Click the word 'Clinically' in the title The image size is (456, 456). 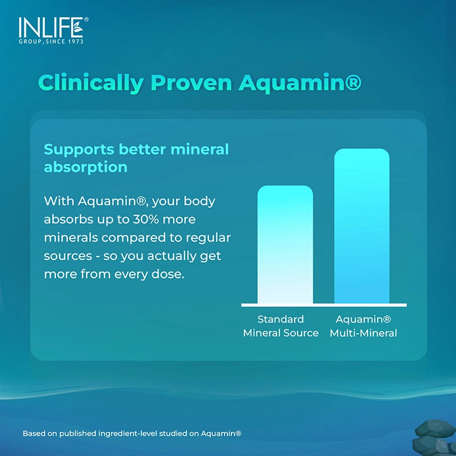click(x=91, y=83)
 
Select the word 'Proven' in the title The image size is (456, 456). click(x=191, y=83)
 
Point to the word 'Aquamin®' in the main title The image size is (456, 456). click(x=300, y=83)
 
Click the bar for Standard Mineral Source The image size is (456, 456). click(x=285, y=245)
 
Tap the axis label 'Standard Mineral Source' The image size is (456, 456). click(x=280, y=326)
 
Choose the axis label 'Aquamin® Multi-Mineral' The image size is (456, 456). click(x=363, y=326)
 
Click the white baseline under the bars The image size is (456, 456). click(x=324, y=305)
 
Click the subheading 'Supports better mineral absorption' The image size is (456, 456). click(x=136, y=158)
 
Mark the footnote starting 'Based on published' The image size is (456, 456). click(x=132, y=434)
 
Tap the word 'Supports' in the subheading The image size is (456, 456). click(x=79, y=149)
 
